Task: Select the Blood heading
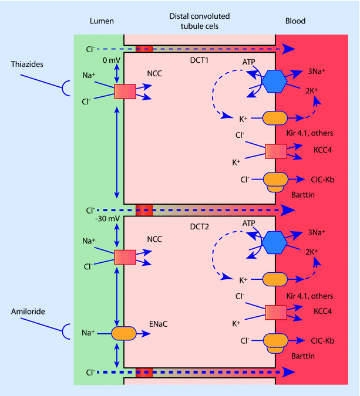(295, 21)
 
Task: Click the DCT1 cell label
(200, 60)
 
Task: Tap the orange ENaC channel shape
(124, 333)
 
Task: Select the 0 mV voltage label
(110, 60)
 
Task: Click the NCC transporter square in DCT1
(124, 92)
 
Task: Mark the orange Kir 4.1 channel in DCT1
(275, 119)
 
